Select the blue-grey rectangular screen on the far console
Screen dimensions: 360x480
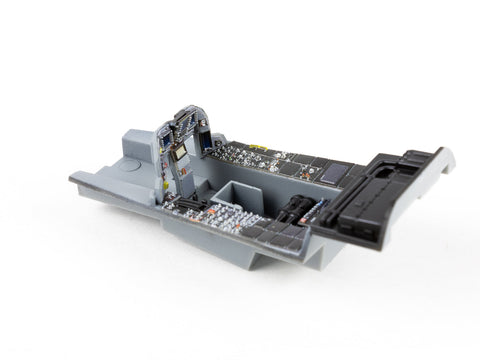(x=337, y=173)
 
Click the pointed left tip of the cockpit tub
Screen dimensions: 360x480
(x=73, y=180)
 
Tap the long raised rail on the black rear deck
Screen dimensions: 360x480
(x=385, y=180)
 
